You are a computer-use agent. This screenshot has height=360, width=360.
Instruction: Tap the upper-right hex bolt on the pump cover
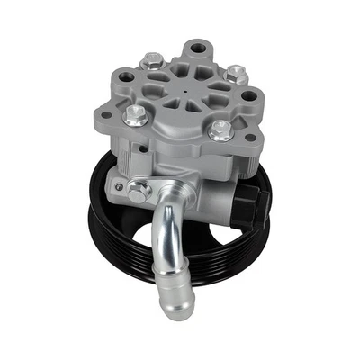237,73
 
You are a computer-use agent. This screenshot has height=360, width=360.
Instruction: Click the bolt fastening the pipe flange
139,191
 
